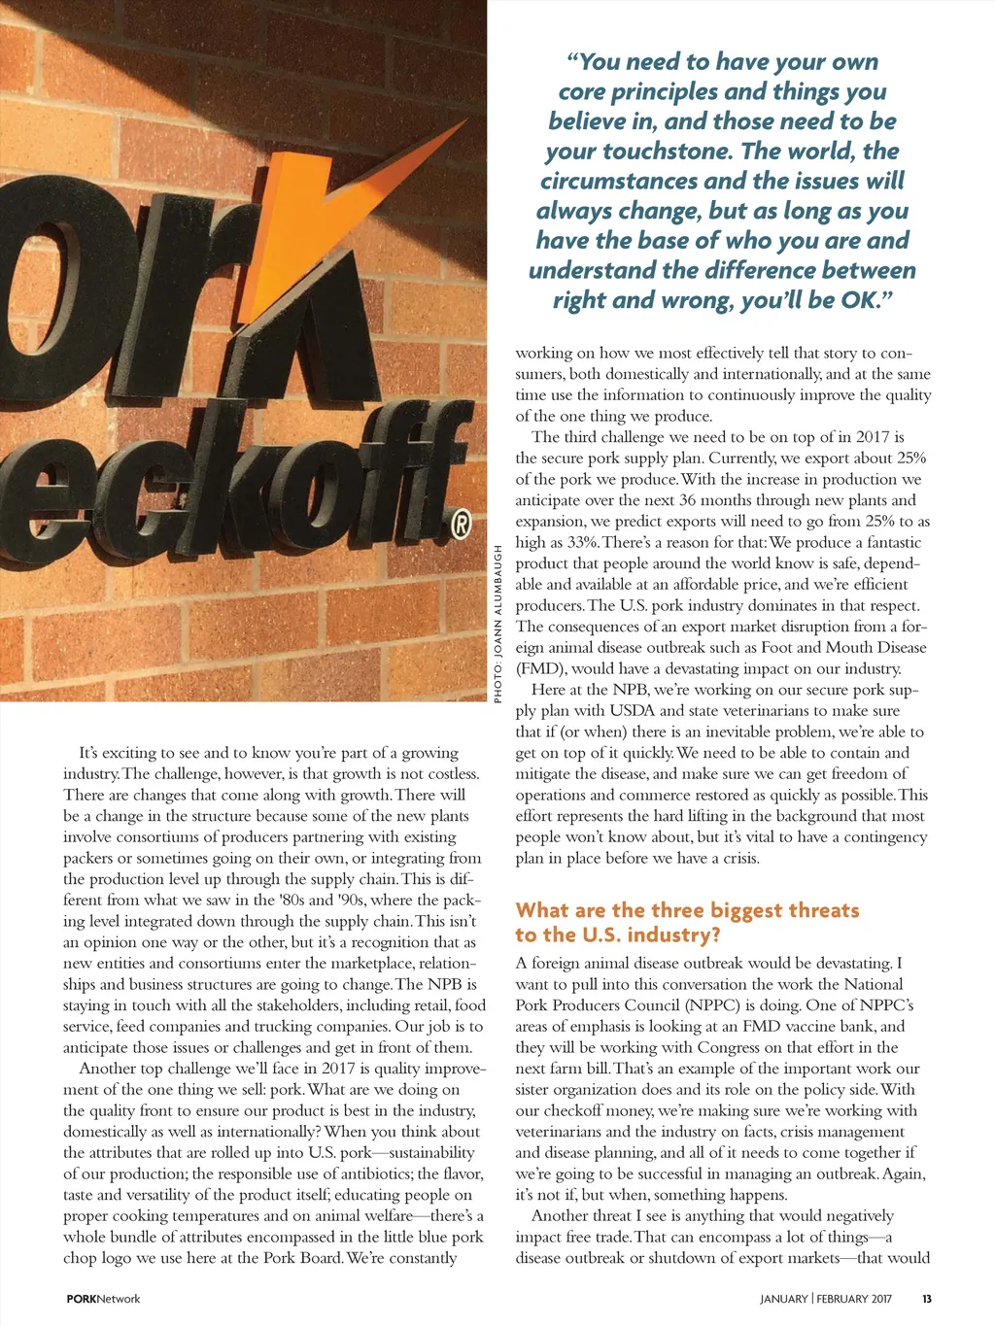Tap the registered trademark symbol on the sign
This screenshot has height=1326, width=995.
[463, 526]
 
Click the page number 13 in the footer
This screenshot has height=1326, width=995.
[927, 1299]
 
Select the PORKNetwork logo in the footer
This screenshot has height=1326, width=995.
[103, 1299]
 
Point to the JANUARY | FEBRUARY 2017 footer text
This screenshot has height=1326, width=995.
[826, 1299]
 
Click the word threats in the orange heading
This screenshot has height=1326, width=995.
[811, 910]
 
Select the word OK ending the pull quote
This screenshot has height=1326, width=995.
[859, 300]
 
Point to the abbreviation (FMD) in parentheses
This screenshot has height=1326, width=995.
[539, 668]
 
